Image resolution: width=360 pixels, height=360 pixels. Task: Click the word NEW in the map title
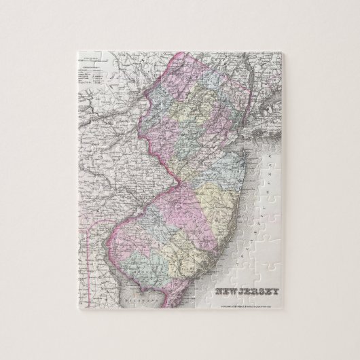228,293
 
